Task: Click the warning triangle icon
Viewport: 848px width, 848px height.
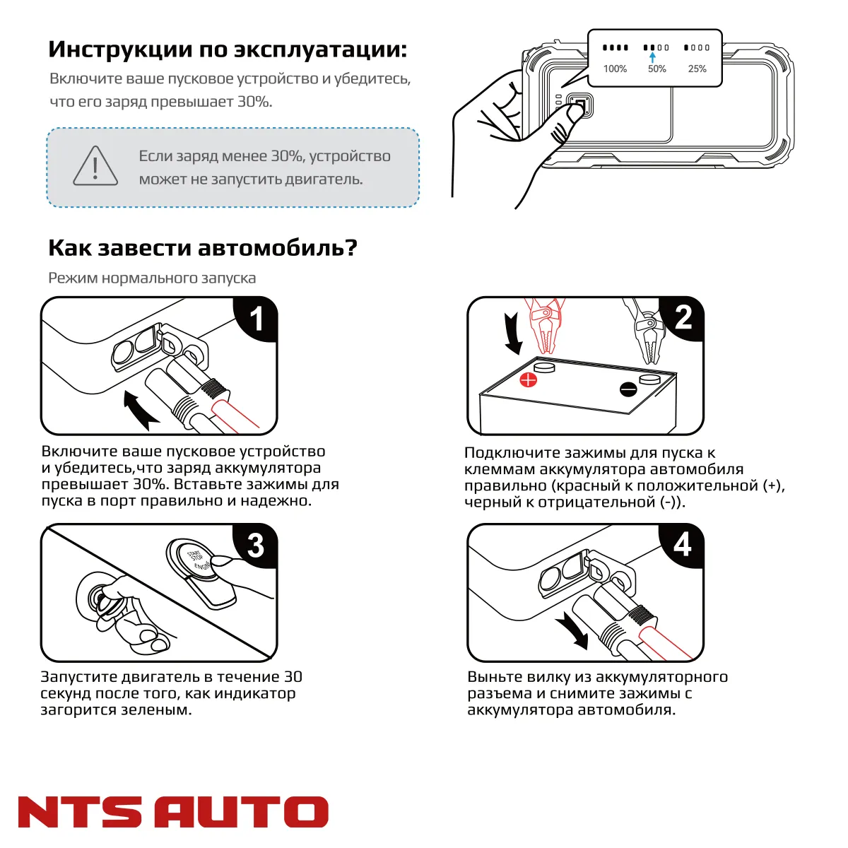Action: coord(95,167)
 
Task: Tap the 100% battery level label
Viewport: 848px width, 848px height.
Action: coord(615,69)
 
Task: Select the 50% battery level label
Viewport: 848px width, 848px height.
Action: coord(656,69)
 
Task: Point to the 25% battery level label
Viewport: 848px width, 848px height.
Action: coord(697,69)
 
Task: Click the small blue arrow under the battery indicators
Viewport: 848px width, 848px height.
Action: coord(652,57)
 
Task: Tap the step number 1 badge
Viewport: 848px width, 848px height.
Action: coord(257,318)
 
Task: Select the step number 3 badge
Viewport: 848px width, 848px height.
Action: coord(256,545)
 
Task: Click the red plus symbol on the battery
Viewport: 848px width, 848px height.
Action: coord(529,380)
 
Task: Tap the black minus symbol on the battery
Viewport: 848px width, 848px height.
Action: coord(628,389)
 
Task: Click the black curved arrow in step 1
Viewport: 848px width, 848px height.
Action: coord(140,410)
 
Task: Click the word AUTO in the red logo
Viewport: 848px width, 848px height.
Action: coord(241,812)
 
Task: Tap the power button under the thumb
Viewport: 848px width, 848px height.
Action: coord(578,107)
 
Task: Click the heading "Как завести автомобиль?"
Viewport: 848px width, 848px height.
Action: coord(203,248)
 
